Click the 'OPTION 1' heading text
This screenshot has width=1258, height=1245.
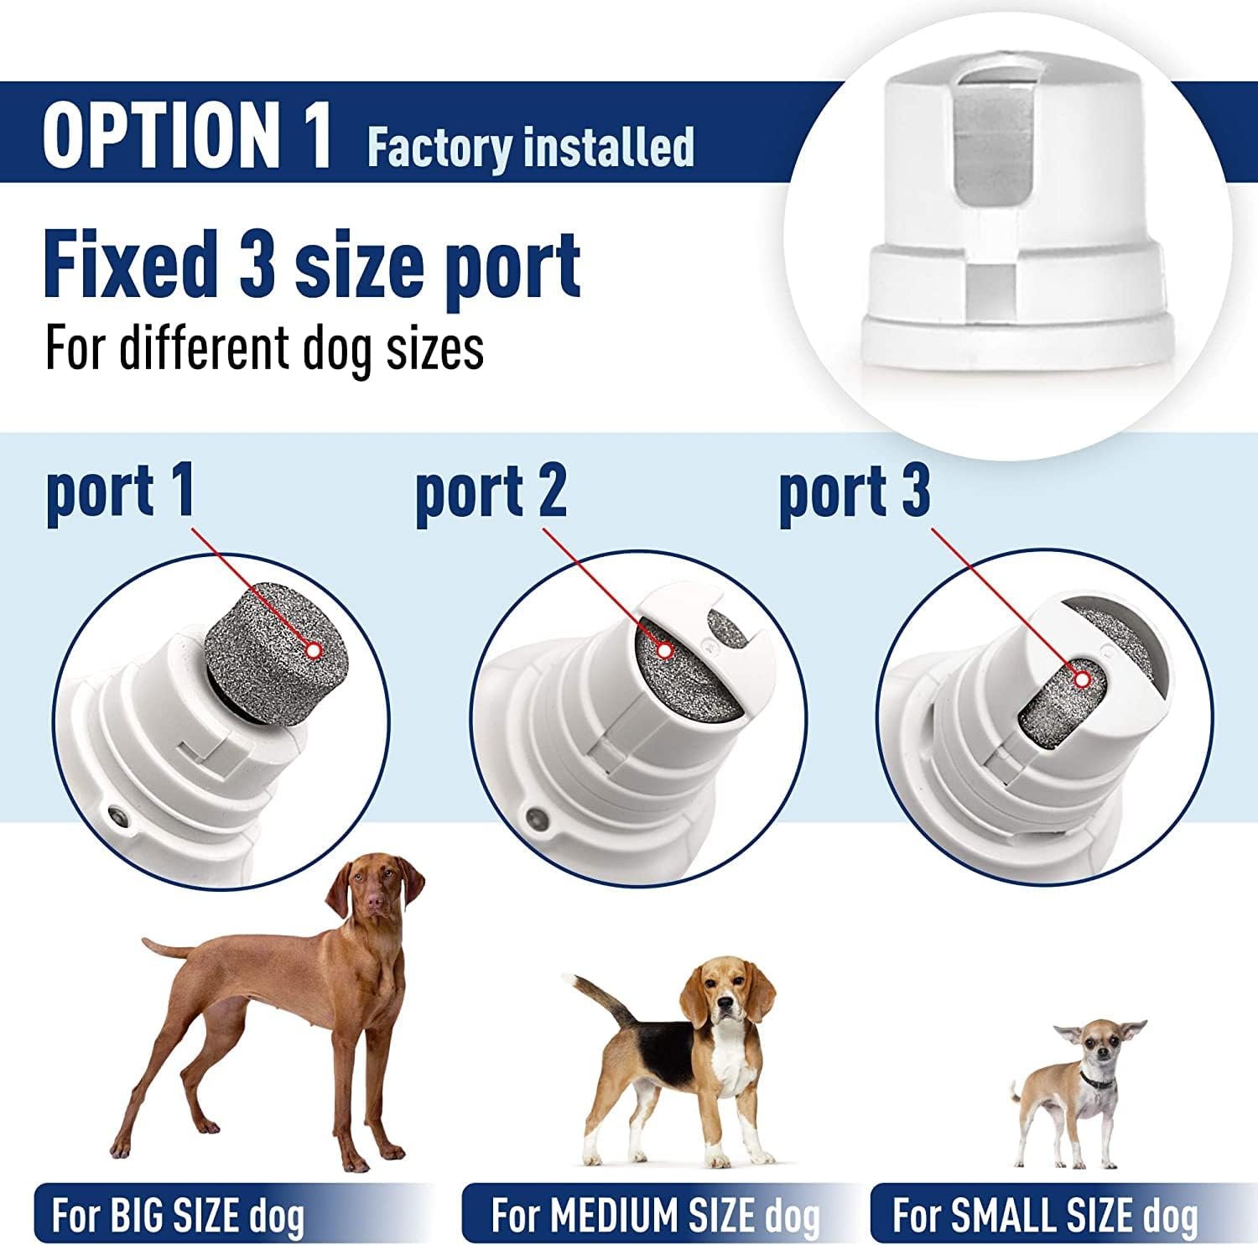187,134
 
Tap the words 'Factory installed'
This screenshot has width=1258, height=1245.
530,147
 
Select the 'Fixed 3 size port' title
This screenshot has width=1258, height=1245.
312,263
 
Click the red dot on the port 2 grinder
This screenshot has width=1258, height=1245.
664,649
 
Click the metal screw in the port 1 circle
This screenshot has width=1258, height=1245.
119,813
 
